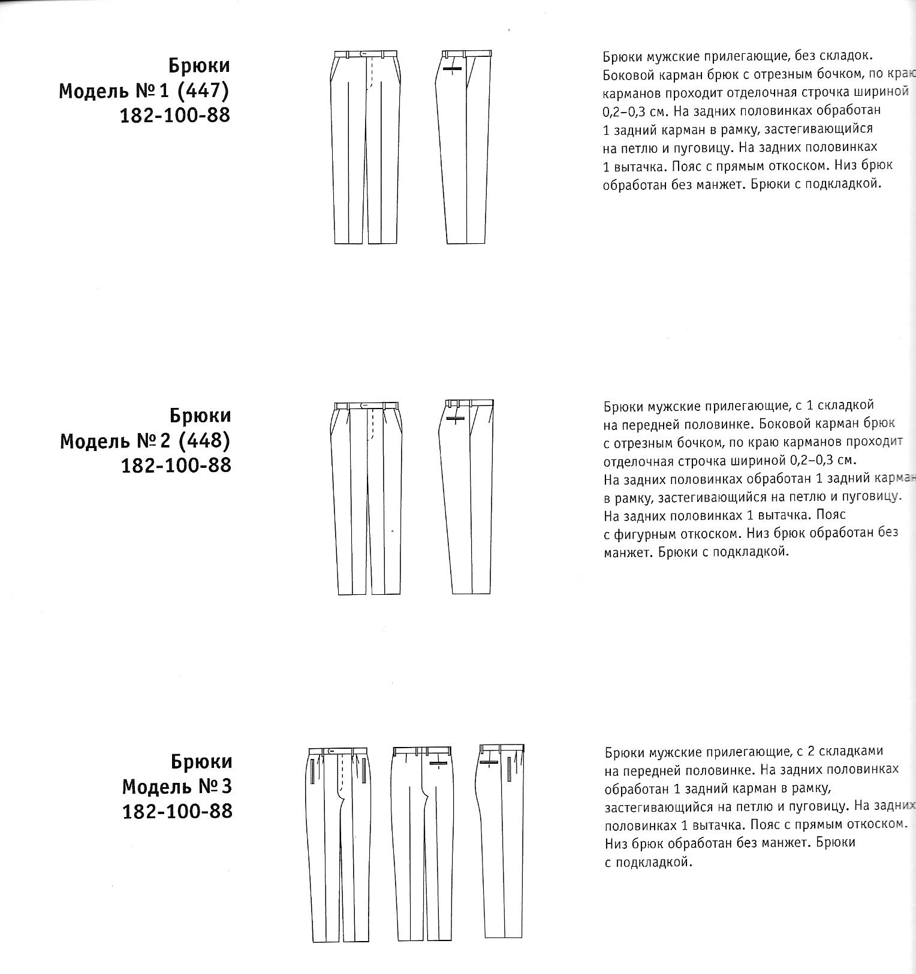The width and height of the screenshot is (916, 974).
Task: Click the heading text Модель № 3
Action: click(177, 786)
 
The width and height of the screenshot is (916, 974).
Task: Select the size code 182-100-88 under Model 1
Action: click(175, 115)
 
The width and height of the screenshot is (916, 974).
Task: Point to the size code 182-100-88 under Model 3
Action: click(177, 811)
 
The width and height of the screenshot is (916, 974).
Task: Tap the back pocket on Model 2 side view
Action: click(456, 418)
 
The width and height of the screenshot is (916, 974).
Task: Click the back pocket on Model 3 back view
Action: click(438, 764)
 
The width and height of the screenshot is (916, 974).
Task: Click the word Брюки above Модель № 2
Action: click(200, 415)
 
